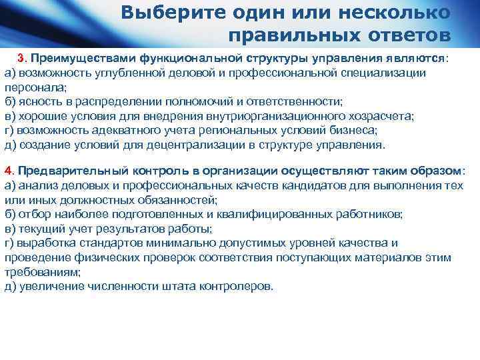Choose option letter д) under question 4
coord(11,286)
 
